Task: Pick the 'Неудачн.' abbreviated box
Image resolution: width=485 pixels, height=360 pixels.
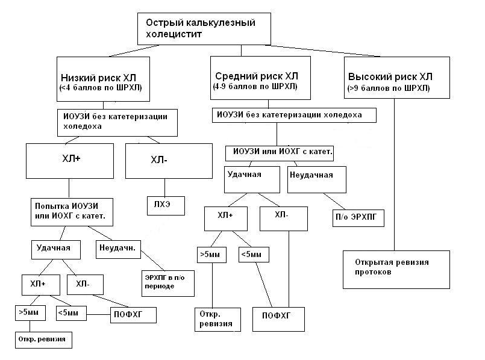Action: point(118,247)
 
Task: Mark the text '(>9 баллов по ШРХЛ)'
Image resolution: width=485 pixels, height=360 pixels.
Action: point(389,88)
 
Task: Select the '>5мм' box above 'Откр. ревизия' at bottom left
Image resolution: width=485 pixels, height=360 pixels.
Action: point(29,312)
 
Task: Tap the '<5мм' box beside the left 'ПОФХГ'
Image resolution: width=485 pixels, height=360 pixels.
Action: point(70,312)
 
